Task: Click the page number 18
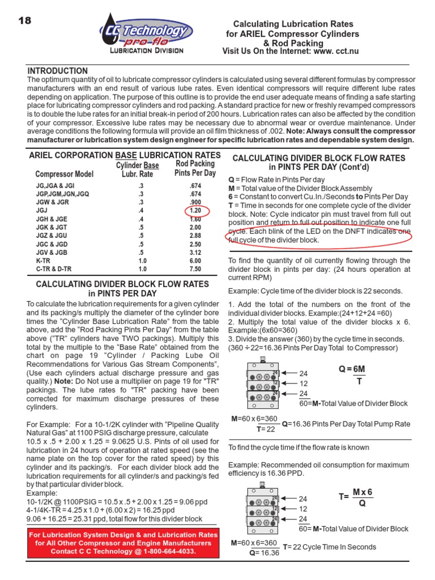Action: click(x=24, y=20)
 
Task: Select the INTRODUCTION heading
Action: click(x=58, y=71)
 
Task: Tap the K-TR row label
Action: click(x=43, y=261)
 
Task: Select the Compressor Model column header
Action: click(x=65, y=174)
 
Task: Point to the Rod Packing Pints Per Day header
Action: click(x=195, y=168)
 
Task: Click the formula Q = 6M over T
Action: click(x=352, y=376)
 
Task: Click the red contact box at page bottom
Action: click(x=123, y=543)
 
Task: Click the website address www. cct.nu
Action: click(x=331, y=52)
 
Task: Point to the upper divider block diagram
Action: click(x=263, y=384)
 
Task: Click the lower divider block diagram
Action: click(x=263, y=508)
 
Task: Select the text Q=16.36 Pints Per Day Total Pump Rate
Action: click(x=346, y=423)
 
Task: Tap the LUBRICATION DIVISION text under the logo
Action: click(x=146, y=50)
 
